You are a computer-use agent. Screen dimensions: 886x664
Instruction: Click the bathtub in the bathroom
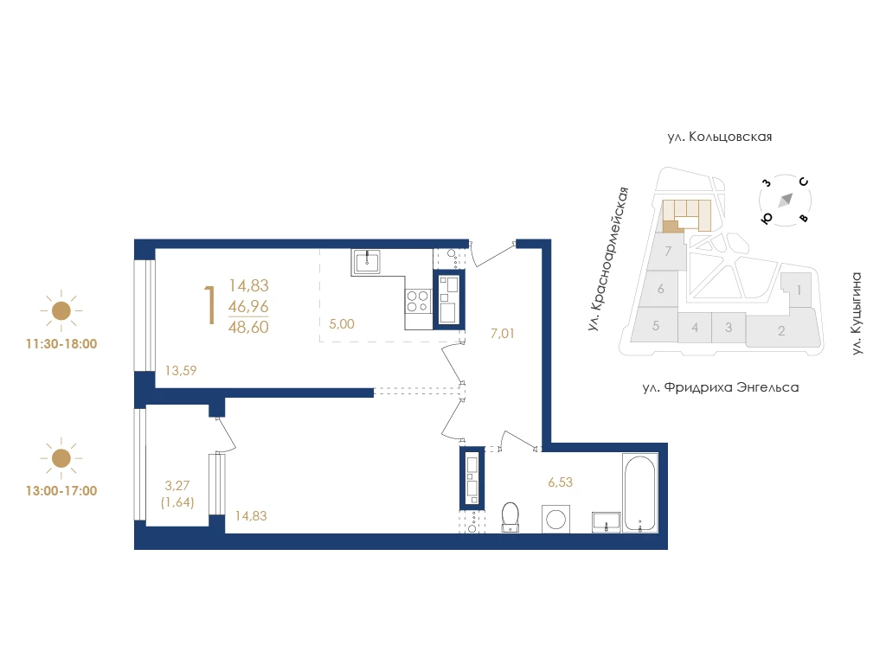640,493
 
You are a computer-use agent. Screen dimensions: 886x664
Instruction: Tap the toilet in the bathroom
510,517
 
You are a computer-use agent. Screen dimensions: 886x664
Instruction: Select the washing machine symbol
556,520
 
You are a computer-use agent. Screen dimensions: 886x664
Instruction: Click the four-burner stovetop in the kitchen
418,300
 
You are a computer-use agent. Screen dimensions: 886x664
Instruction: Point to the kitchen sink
367,261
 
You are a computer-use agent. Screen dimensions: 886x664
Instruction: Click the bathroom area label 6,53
560,482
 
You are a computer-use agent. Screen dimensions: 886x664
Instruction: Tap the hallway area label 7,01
503,334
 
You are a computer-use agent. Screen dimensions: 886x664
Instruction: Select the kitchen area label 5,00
341,324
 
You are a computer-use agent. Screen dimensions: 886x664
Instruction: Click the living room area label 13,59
181,370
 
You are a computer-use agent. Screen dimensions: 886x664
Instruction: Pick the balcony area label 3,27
177,485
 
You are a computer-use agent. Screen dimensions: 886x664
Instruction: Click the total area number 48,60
248,327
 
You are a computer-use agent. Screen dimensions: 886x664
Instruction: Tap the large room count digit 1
210,305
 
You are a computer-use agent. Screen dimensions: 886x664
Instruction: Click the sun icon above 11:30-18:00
61,310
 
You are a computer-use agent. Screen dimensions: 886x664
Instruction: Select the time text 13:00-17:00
61,491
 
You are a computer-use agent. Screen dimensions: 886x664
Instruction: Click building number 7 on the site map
669,251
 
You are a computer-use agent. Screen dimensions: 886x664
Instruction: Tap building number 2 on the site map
781,331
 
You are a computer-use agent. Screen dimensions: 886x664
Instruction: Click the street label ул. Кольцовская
719,137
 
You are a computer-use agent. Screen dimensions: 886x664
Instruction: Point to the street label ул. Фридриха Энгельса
721,387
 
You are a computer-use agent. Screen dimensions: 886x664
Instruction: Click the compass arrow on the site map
786,200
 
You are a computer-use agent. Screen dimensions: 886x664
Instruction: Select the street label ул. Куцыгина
857,313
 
